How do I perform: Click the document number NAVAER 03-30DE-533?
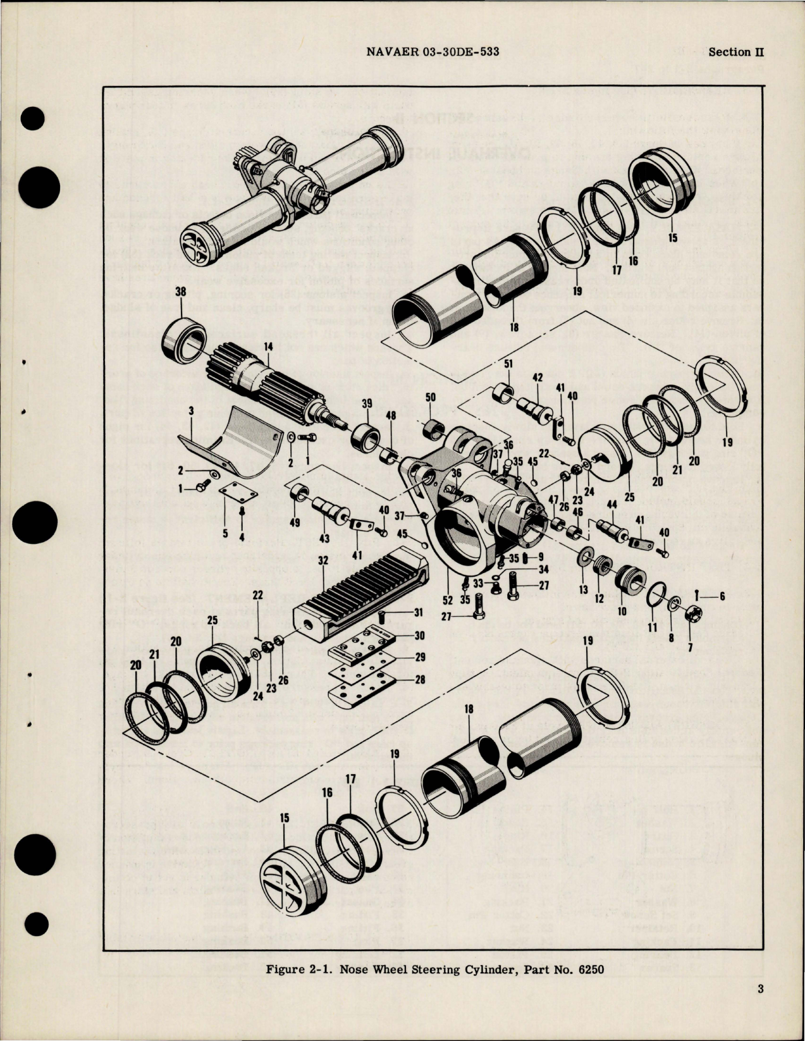[x=433, y=52]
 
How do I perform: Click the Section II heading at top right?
[x=735, y=52]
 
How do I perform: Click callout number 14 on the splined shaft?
[x=268, y=347]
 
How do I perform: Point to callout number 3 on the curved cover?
[x=190, y=411]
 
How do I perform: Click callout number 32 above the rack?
[x=323, y=560]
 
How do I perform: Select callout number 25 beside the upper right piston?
[x=629, y=497]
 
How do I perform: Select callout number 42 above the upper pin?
[x=538, y=378]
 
